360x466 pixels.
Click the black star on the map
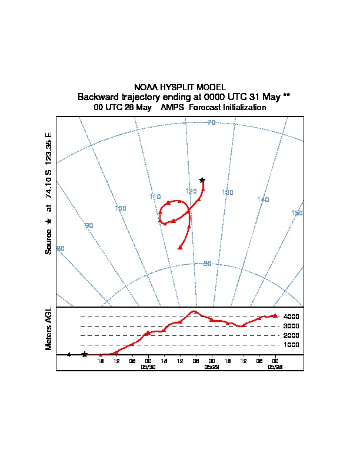pyautogui.click(x=202, y=180)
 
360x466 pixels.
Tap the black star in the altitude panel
pyautogui.click(x=85, y=354)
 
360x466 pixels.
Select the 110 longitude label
pyautogui.click(x=155, y=197)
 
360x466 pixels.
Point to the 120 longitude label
pyautogui.click(x=191, y=191)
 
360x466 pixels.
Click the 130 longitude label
pyautogui.click(x=228, y=192)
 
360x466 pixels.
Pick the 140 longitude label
pyautogui.click(x=263, y=199)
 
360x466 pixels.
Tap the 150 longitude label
pyautogui.click(x=297, y=213)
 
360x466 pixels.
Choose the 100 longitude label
pyautogui.click(x=121, y=208)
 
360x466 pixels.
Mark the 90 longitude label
pyautogui.click(x=89, y=225)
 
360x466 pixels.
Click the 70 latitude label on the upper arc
pyautogui.click(x=212, y=122)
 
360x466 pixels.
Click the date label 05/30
pyautogui.click(x=148, y=367)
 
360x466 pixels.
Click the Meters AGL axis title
pyautogui.click(x=49, y=328)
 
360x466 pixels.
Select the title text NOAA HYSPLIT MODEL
pyautogui.click(x=180, y=87)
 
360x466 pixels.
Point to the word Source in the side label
pyautogui.click(x=49, y=242)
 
